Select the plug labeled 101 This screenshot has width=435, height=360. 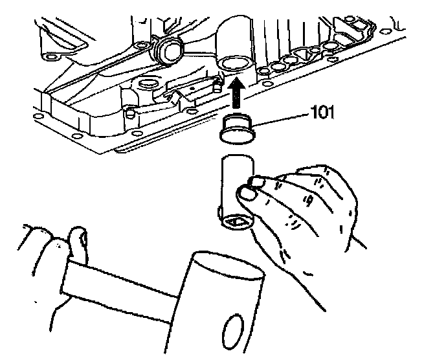pyautogui.click(x=237, y=128)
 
